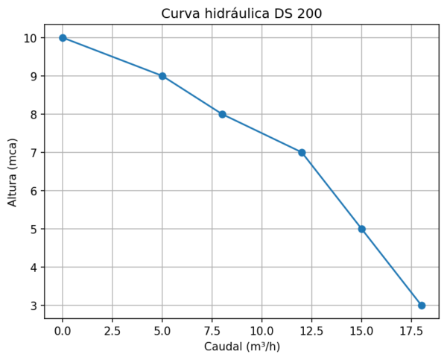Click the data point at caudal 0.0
[63, 37]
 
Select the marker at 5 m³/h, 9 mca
[162, 76]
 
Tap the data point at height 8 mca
[222, 114]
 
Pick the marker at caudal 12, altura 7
[302, 152]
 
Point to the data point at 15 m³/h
[361, 229]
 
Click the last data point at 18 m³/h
[422, 306]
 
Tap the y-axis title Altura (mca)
[13, 171]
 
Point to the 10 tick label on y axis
[31, 37]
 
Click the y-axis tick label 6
[34, 191]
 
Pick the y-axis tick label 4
[34, 267]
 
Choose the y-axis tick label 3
[34, 306]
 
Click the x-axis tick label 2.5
[112, 329]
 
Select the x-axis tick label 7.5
[212, 329]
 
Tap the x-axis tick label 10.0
[261, 329]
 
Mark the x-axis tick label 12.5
[311, 329]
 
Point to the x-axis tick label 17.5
[411, 329]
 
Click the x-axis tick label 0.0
[63, 329]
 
